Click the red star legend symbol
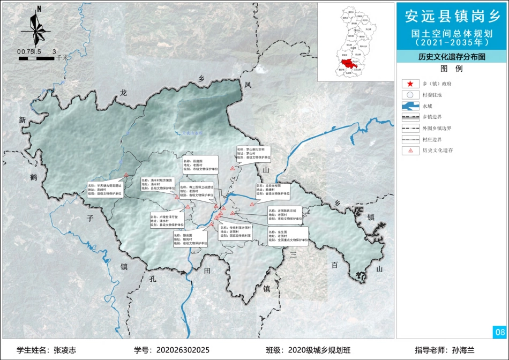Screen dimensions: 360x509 pyautogui.click(x=410, y=84)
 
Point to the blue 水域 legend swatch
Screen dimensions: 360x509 pyautogui.click(x=410, y=106)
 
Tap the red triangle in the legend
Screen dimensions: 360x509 pyautogui.click(x=410, y=151)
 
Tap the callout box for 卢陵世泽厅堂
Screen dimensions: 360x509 pyautogui.click(x=167, y=220)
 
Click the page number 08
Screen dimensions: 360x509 pyautogui.click(x=500, y=333)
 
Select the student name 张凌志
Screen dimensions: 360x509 pyautogui.click(x=65, y=350)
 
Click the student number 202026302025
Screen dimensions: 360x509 pyautogui.click(x=182, y=350)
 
